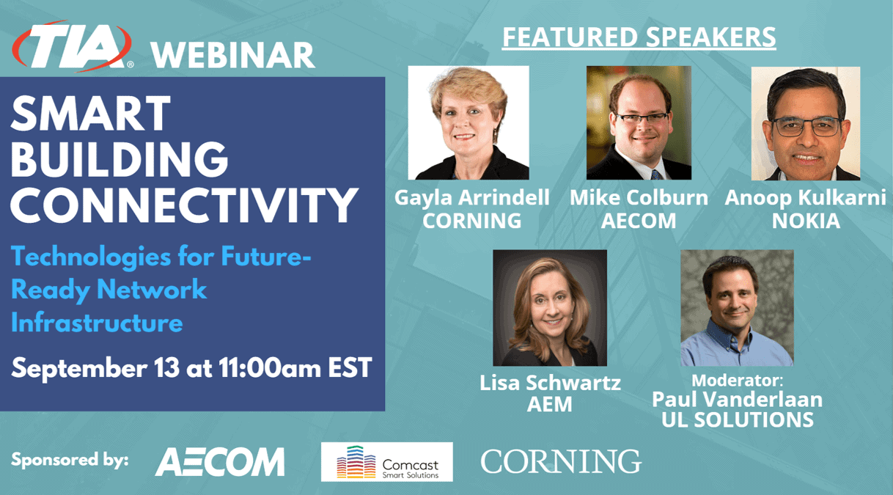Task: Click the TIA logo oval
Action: point(72,47)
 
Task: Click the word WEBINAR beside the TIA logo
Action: point(233,55)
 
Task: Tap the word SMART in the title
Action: point(91,115)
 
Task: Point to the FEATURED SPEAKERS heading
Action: point(639,37)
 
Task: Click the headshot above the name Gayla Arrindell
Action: point(468,122)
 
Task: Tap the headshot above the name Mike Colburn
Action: point(639,122)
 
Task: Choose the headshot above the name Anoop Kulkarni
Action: point(805,123)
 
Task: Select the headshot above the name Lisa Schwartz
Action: point(550,308)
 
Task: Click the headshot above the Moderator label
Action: point(737,308)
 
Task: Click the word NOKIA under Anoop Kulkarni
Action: point(806,221)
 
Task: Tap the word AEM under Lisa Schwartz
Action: point(550,404)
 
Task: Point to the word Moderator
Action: point(737,381)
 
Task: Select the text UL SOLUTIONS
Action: point(737,419)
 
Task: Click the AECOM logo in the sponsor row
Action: point(220,462)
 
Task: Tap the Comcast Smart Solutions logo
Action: point(386,462)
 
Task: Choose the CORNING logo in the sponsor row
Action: point(561,462)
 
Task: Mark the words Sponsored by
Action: point(70,461)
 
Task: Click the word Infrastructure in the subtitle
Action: point(97,322)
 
